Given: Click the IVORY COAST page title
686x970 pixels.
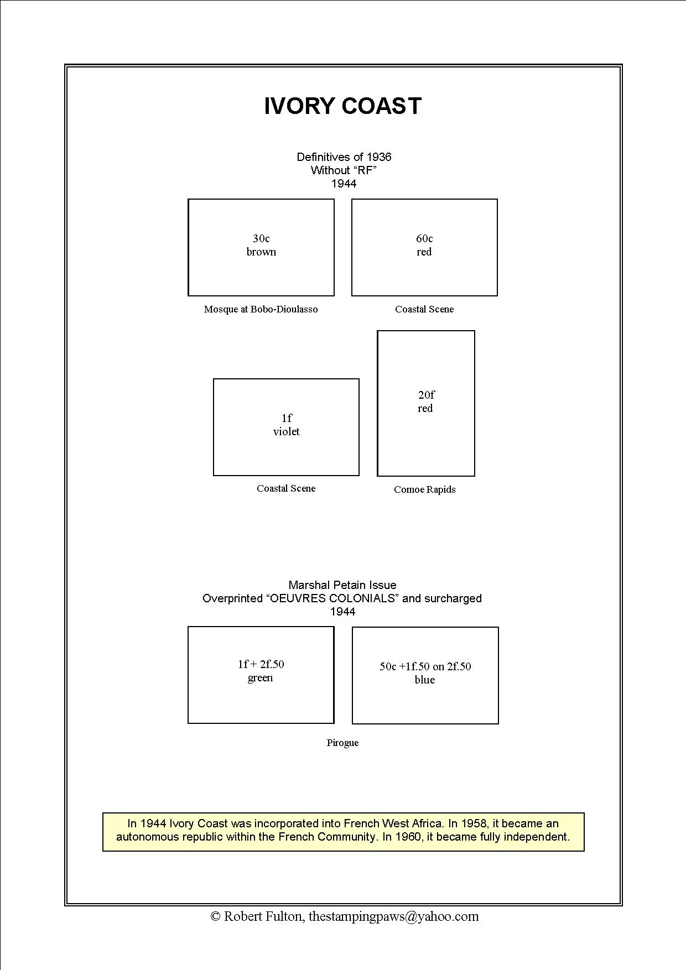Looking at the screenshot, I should [x=342, y=106].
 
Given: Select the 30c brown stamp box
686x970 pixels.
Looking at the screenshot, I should [x=261, y=247].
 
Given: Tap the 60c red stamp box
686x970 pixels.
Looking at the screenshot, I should [x=424, y=247].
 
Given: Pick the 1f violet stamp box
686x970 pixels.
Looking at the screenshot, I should [x=286, y=427].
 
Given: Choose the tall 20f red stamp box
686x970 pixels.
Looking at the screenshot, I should [x=426, y=403].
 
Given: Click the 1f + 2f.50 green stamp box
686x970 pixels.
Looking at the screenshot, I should [x=261, y=675].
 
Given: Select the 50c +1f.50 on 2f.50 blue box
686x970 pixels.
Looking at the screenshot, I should [x=425, y=675].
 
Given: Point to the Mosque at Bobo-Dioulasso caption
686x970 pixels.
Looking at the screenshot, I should [x=261, y=309].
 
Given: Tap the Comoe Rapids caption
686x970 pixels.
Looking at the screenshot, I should [x=424, y=489].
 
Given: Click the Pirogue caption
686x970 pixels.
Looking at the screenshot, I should [x=342, y=743].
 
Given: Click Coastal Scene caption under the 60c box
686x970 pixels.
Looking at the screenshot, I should [x=424, y=309].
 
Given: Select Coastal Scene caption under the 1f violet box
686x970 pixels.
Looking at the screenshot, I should [x=286, y=488].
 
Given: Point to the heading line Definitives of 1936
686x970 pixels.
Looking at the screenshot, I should [x=344, y=157].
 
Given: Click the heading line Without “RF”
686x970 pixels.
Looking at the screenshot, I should [x=344, y=170].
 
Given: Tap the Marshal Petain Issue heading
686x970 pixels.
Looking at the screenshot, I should [x=342, y=585].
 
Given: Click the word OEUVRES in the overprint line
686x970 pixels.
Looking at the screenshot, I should [x=298, y=598].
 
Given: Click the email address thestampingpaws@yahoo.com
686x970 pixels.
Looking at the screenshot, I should [x=393, y=916].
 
